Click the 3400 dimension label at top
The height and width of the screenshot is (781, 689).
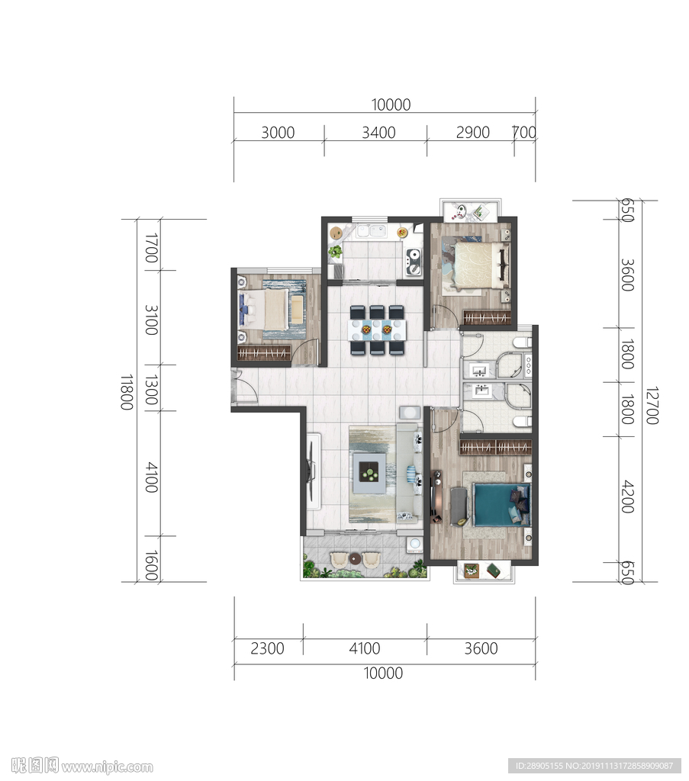(378, 133)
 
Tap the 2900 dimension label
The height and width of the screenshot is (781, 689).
(473, 133)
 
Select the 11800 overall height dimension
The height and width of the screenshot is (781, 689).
(127, 392)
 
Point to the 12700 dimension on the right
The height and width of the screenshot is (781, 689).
(652, 405)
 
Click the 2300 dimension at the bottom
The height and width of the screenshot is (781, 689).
(267, 648)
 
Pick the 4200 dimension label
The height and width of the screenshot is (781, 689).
(627, 497)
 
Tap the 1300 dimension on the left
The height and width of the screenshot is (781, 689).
(151, 390)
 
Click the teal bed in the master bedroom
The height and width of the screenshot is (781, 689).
(501, 505)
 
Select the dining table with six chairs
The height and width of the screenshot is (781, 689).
(377, 329)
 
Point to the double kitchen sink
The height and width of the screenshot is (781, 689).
(371, 231)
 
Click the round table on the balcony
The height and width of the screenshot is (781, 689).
(355, 558)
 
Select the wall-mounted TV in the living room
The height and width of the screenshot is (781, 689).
(311, 471)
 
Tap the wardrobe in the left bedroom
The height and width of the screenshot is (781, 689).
(263, 353)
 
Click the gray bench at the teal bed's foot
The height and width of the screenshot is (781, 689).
(459, 506)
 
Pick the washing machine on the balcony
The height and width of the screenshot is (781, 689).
(414, 545)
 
